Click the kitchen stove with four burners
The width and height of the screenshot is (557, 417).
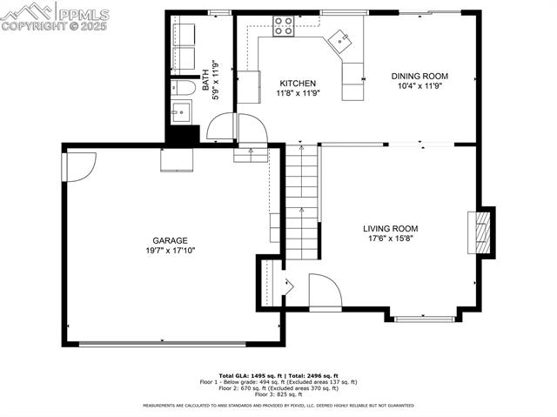284,25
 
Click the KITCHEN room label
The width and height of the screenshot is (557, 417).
297,84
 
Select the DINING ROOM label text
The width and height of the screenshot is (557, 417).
419,77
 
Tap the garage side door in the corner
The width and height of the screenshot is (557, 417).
78,165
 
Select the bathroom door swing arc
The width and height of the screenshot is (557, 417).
221,127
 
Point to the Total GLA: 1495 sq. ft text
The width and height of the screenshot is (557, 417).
252,374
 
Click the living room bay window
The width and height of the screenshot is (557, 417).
424,319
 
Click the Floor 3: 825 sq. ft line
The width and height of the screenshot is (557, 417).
277,395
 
